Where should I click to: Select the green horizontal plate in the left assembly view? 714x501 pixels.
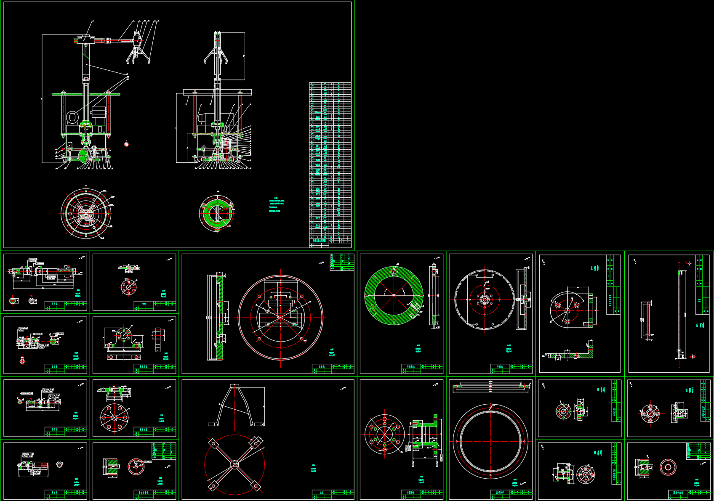(x=86, y=94)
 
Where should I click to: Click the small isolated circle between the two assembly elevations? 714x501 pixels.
(x=126, y=144)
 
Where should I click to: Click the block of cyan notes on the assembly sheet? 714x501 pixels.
(x=276, y=205)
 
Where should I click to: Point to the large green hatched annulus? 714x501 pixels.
(x=394, y=295)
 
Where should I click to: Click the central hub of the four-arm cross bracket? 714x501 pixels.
(x=234, y=464)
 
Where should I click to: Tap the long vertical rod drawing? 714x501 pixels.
(x=679, y=313)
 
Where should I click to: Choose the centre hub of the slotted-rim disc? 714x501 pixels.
(x=485, y=300)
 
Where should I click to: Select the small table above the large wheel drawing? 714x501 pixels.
(x=341, y=262)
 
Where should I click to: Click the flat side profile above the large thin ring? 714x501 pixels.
(x=490, y=385)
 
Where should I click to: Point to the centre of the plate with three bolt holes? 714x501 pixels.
(x=567, y=310)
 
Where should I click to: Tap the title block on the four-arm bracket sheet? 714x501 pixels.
(x=333, y=494)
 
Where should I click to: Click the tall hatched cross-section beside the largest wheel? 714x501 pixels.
(x=219, y=318)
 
